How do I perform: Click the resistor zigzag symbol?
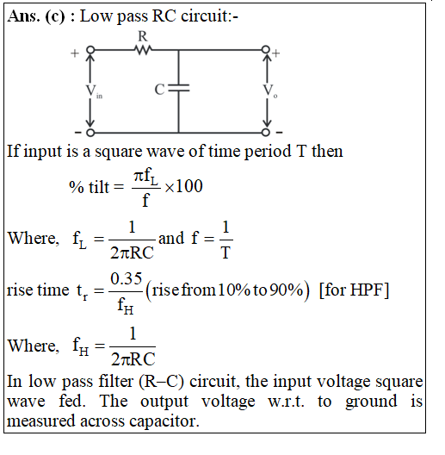[143, 50]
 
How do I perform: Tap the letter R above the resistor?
[143, 36]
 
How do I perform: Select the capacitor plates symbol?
[179, 88]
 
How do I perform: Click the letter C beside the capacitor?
[159, 90]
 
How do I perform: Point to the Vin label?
[94, 91]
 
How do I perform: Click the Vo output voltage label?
[270, 90]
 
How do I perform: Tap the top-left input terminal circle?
[90, 50]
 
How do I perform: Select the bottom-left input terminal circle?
[90, 133]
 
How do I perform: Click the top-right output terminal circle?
[266, 50]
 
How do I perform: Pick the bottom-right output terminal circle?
[266, 133]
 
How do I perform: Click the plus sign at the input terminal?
[75, 53]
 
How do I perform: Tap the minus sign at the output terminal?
[279, 133]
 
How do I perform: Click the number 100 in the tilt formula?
[189, 186]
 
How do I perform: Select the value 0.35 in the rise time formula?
[127, 278]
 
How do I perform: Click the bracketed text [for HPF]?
[354, 290]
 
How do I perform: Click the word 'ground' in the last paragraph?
[371, 402]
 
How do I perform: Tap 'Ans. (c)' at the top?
[36, 16]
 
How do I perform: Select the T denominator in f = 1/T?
[226, 252]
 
